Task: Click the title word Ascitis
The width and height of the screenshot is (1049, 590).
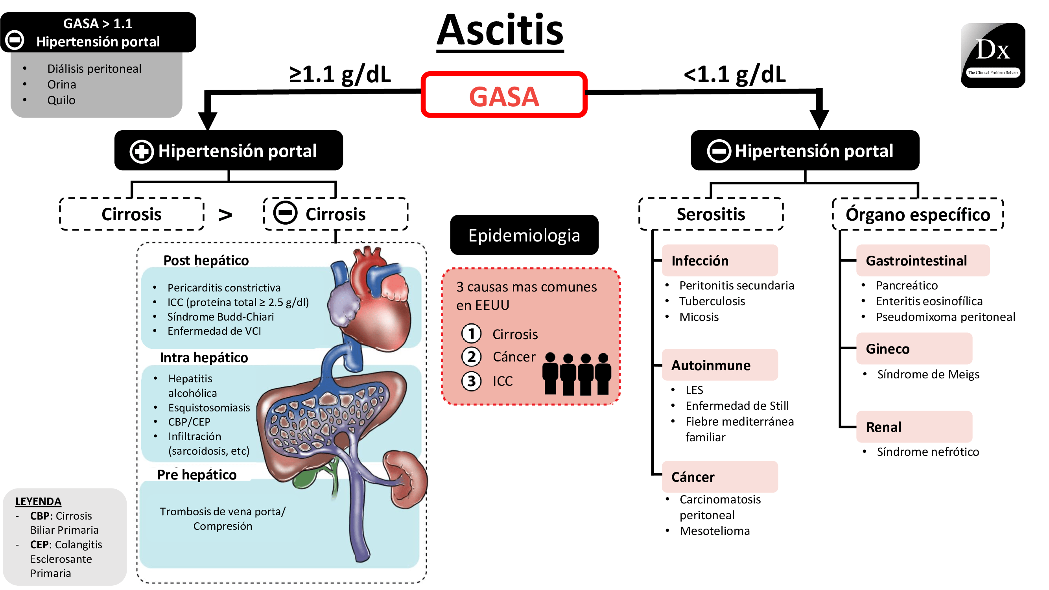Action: click(x=500, y=31)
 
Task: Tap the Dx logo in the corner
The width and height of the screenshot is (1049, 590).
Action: click(x=992, y=55)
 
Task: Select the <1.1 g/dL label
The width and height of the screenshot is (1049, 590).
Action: click(x=734, y=74)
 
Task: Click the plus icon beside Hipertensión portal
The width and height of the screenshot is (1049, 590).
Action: click(x=141, y=151)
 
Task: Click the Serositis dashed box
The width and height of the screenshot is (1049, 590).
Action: click(x=711, y=214)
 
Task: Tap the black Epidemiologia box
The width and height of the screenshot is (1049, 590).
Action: click(x=524, y=235)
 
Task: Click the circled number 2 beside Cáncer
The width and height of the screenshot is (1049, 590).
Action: click(x=471, y=357)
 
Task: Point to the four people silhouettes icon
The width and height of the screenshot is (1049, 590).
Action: click(x=576, y=373)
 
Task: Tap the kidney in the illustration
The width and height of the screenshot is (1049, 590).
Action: click(x=405, y=478)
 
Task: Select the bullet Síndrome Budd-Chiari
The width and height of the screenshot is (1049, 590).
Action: click(x=220, y=317)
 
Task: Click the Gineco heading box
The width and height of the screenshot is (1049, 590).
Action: click(x=914, y=348)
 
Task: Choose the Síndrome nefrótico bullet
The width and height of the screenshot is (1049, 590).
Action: click(x=927, y=452)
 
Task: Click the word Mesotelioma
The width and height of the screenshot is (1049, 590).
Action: click(x=714, y=531)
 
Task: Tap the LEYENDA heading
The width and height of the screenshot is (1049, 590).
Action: click(x=38, y=501)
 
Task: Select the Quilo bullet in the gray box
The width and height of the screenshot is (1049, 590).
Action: click(x=61, y=100)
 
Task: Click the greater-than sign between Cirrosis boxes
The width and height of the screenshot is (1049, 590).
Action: click(x=225, y=215)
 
